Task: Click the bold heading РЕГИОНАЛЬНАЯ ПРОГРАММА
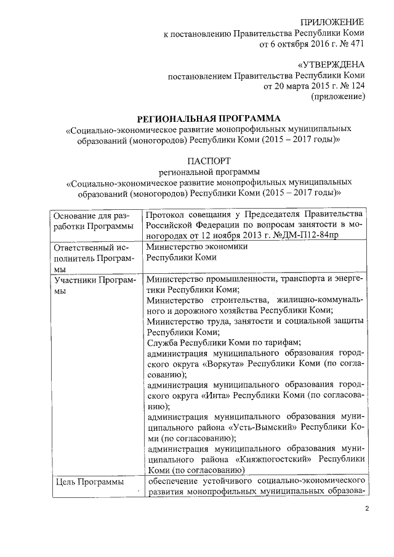(x=209, y=118)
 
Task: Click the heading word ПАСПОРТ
(x=209, y=159)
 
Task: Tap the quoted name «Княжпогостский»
(x=270, y=460)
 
